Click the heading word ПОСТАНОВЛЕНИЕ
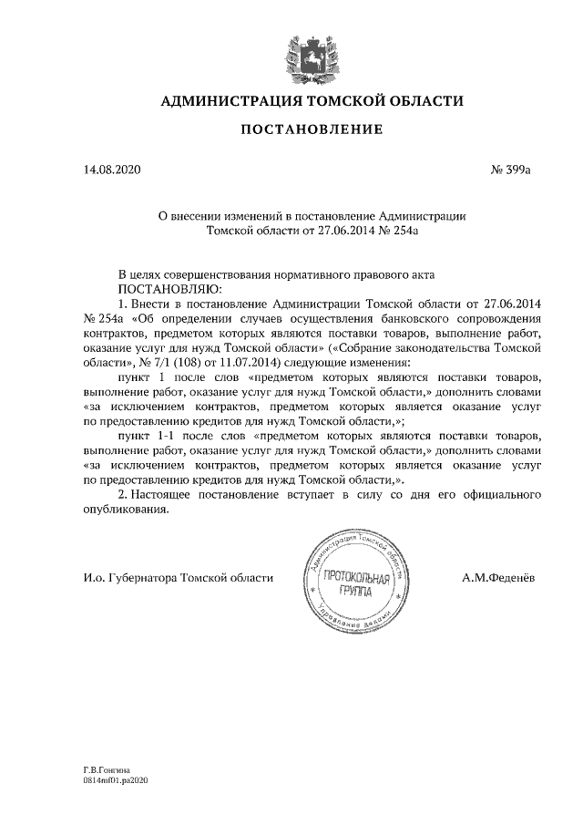311,131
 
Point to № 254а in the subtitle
397,232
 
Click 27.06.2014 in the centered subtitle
328,232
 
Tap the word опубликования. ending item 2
127,510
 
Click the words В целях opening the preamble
141,273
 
